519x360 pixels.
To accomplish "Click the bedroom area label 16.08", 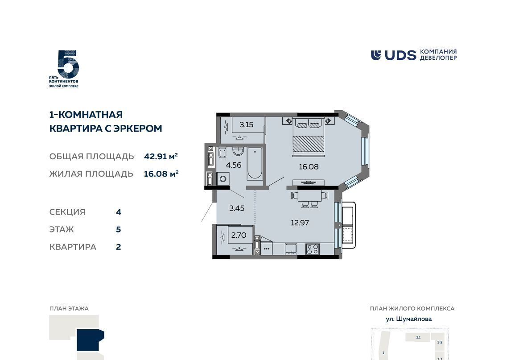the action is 309,166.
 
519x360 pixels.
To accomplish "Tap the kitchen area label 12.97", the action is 300,223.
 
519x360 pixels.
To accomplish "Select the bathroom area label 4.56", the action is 233,165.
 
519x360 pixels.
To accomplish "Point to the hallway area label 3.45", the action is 237,208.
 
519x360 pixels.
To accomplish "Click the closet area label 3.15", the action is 246,124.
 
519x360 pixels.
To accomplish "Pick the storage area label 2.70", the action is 238,235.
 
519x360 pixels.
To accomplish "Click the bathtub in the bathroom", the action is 255,163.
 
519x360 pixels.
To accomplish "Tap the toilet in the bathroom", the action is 222,153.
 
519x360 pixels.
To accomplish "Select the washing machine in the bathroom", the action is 223,179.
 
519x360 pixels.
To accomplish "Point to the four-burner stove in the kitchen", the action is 312,249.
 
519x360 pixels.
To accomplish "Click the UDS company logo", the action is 413,55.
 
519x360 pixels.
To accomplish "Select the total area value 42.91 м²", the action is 161,156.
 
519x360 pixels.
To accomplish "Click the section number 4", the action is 119,212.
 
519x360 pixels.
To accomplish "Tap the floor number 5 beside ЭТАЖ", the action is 119,229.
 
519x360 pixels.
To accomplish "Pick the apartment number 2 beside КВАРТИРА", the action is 119,247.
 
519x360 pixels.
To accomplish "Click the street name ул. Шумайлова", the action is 409,319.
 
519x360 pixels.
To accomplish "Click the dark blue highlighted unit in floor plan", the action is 89,340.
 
